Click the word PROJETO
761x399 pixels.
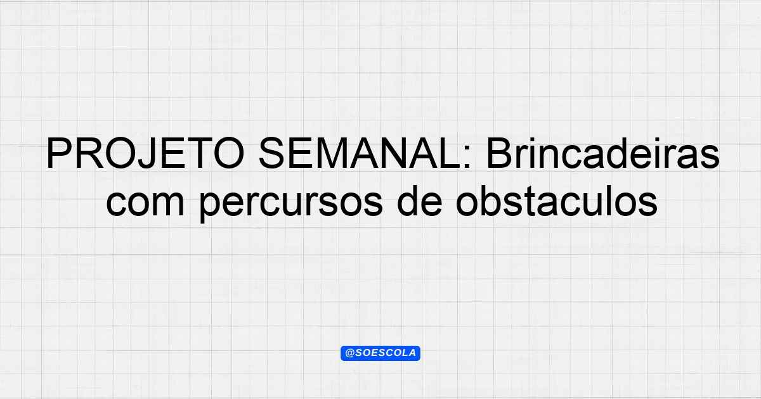click(145, 153)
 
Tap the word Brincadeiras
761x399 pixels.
click(602, 153)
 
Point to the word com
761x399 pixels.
click(145, 203)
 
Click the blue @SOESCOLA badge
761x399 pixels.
click(380, 353)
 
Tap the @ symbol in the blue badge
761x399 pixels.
click(350, 353)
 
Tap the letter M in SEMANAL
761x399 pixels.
click(332, 153)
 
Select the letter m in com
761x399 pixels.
click(167, 203)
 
